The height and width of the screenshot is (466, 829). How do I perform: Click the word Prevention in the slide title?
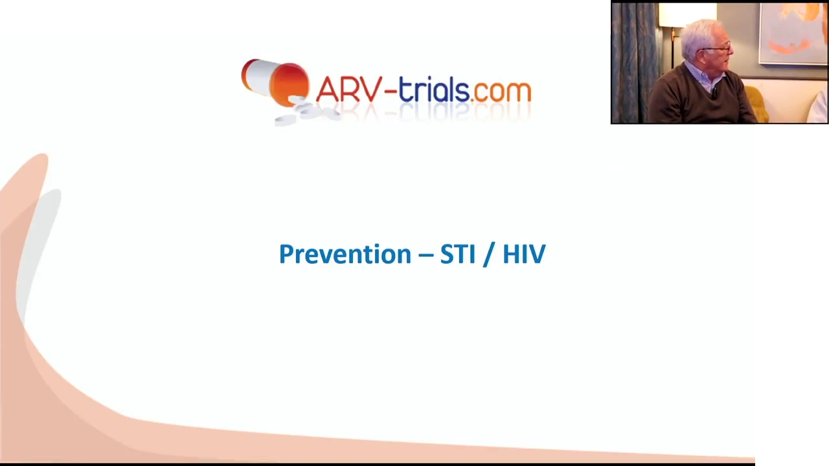345,254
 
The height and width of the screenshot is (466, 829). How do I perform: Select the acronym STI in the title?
458,254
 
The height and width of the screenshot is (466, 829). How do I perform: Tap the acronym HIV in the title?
524,254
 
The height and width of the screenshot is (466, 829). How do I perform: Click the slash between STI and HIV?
489,254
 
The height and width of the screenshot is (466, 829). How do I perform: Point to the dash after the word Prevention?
426,255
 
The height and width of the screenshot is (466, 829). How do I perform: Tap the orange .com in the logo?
501,93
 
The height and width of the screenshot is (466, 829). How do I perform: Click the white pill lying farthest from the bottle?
286,120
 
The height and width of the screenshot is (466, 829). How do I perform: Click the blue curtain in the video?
633,63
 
